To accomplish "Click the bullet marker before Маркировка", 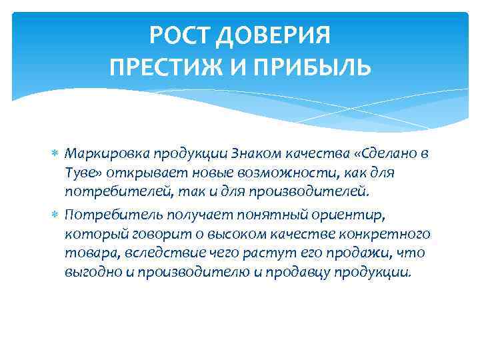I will click(x=55, y=154).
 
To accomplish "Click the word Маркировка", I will click(x=107, y=154).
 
